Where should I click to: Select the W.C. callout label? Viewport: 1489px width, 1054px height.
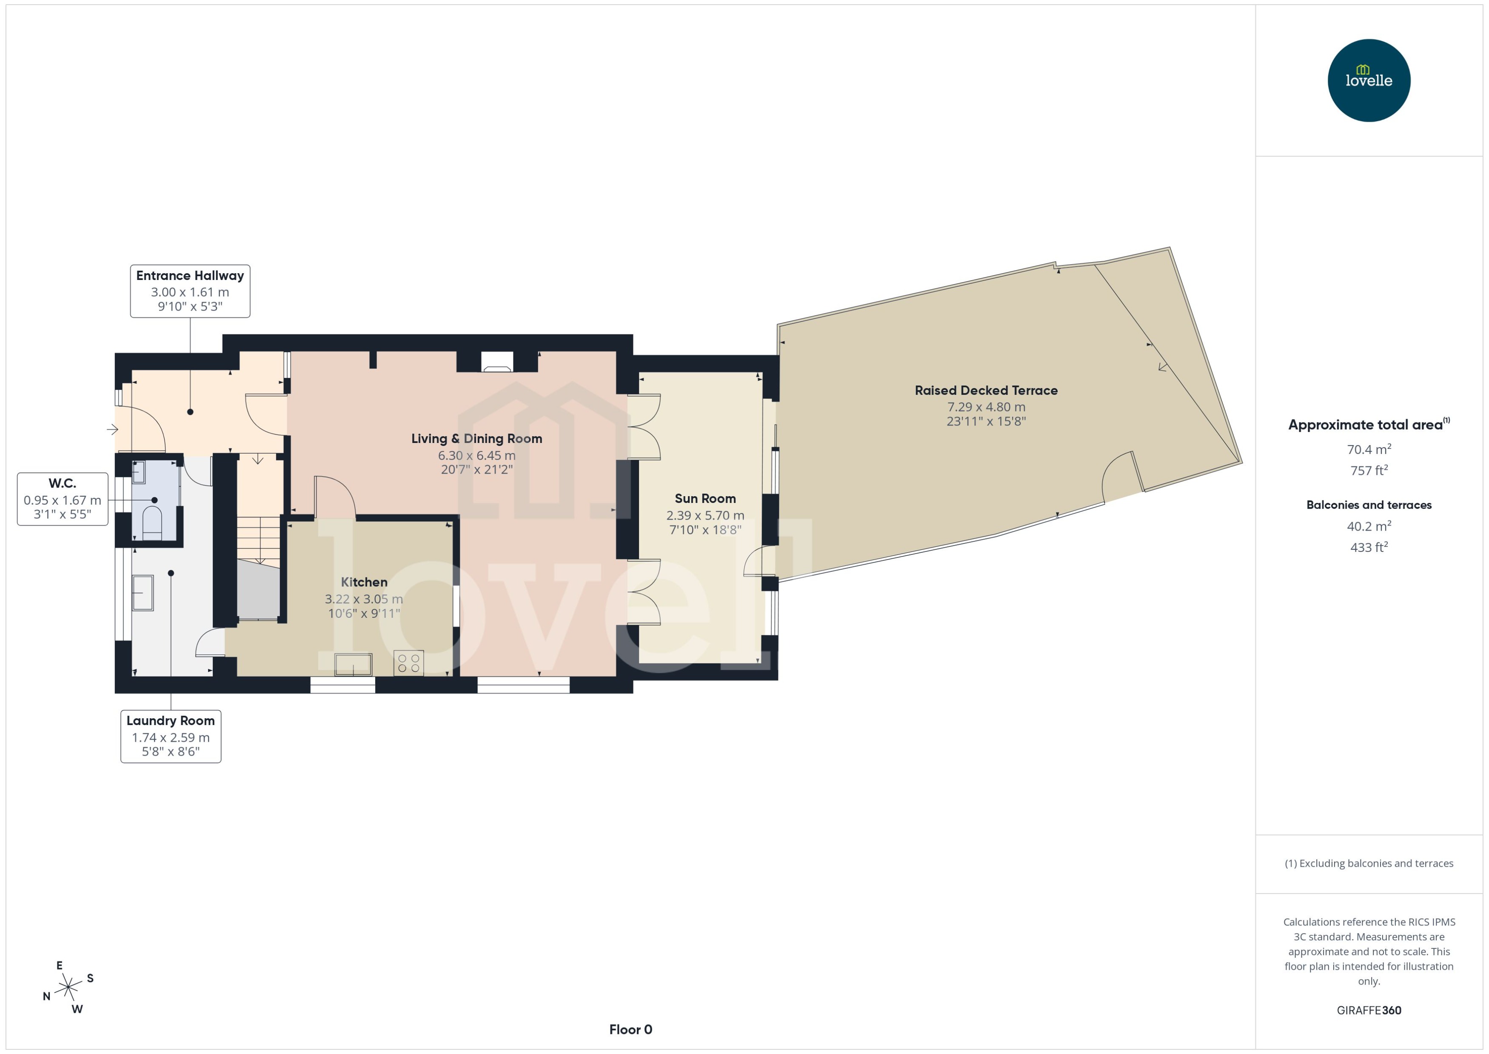(62, 498)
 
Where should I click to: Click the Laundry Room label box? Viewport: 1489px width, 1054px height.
(171, 736)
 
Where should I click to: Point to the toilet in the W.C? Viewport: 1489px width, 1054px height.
(152, 522)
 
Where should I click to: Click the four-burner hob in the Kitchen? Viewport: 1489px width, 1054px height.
(408, 663)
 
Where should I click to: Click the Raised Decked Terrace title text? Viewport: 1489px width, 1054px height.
(986, 390)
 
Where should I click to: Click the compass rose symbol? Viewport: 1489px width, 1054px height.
(68, 987)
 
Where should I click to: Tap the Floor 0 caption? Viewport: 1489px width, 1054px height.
(630, 1029)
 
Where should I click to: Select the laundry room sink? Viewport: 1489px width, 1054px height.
(143, 593)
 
